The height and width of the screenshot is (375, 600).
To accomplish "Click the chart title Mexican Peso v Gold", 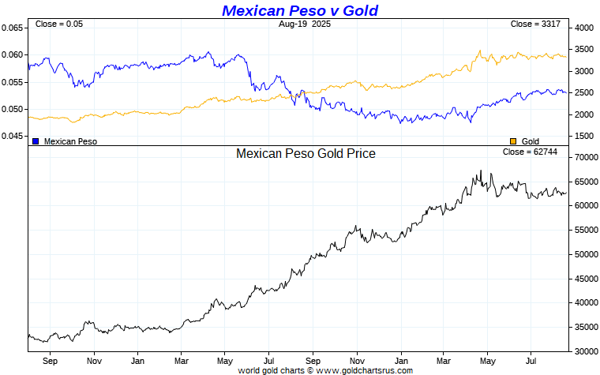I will (299, 10).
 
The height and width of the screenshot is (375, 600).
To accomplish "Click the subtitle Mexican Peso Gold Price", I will (306, 153).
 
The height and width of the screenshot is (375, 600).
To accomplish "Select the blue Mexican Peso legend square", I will (36, 141).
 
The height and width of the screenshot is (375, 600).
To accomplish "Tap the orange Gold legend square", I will (513, 141).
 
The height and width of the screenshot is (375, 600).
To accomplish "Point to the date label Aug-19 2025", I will (305, 24).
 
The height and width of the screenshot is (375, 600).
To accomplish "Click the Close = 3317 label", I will (535, 24).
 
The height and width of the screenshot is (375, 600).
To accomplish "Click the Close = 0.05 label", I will (59, 24).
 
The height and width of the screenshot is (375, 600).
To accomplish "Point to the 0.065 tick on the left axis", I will (12, 28).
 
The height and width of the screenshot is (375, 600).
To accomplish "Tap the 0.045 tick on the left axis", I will (12, 136).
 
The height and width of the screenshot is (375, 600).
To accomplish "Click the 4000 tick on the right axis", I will (584, 28).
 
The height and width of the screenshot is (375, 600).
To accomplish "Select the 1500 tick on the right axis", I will (584, 136).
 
